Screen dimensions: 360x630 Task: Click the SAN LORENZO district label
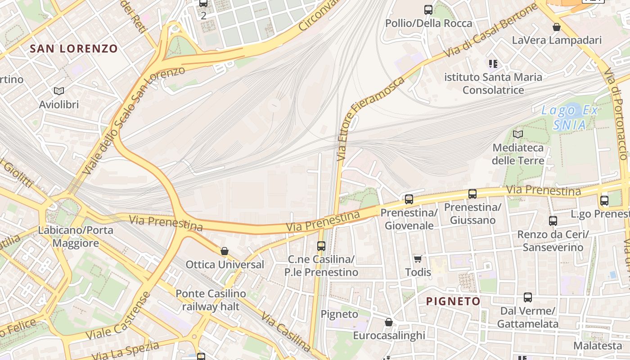tap(74, 49)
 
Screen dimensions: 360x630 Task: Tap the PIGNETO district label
tap(453, 301)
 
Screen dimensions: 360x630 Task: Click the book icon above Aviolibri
tap(59, 91)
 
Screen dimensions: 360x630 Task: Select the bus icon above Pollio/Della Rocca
tap(428, 9)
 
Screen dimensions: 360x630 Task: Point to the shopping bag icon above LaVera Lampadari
tap(557, 27)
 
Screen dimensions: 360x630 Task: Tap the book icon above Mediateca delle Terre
tap(518, 134)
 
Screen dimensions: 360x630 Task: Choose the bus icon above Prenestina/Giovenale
tap(409, 199)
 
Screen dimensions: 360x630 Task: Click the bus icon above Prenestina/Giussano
tap(472, 194)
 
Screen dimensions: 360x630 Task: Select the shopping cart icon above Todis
tap(418, 259)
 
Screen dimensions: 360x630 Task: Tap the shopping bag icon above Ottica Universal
tap(225, 251)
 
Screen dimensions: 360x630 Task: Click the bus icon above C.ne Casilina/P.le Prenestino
tap(321, 246)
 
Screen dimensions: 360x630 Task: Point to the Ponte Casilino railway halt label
tap(211, 300)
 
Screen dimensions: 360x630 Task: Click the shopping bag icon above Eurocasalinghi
tap(389, 322)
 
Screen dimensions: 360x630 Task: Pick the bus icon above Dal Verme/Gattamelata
tap(527, 297)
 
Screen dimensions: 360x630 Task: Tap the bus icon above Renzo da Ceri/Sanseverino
tap(553, 221)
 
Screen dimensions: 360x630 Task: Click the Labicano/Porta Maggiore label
tap(76, 237)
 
